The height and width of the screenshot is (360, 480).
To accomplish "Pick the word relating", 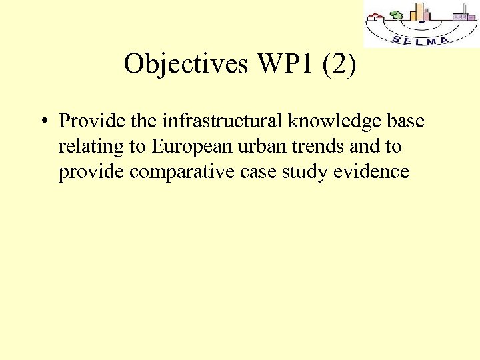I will pyautogui.click(x=85, y=147).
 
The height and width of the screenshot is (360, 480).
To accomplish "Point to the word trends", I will pyautogui.click(x=311, y=147).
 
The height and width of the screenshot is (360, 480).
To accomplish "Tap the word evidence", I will pyautogui.click(x=376, y=172).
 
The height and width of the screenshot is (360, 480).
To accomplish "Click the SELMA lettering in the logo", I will pyautogui.click(x=421, y=39).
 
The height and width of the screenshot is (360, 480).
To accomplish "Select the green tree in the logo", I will pyautogui.click(x=396, y=15).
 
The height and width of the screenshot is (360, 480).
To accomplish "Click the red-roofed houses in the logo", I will pyautogui.click(x=377, y=17).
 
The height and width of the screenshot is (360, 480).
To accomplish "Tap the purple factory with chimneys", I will pyautogui.click(x=461, y=15).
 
